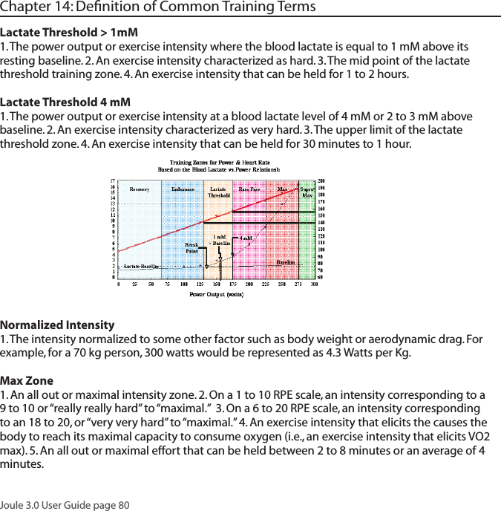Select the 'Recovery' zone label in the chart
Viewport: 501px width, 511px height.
(140, 189)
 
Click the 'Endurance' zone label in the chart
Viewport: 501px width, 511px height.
(183, 189)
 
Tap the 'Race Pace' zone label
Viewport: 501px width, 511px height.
(249, 189)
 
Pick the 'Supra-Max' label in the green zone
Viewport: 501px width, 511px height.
(307, 192)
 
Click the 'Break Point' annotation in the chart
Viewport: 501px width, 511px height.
(191, 247)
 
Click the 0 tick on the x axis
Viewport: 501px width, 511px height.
(119, 284)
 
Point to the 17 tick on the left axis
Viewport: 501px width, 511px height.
(112, 180)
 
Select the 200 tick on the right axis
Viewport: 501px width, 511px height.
(322, 180)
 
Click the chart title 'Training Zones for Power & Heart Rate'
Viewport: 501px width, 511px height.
(220, 163)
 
